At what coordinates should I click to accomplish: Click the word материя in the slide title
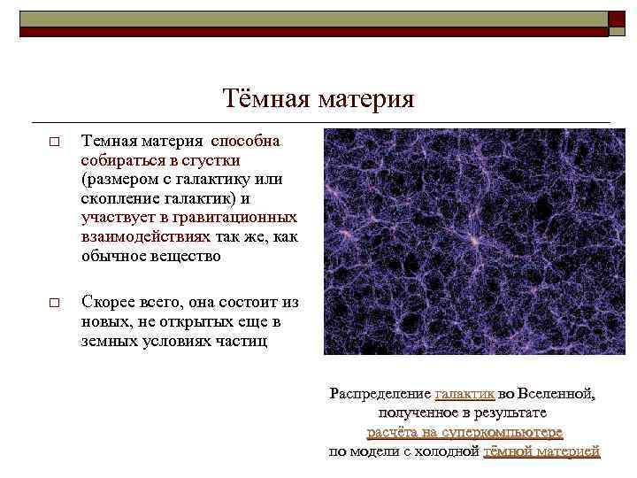coord(365,98)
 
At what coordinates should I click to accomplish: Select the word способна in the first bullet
coord(245,141)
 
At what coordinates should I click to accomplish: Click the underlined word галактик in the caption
coord(464,394)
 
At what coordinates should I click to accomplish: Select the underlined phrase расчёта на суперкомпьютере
coord(464,432)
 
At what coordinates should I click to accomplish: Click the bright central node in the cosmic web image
coord(475,241)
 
